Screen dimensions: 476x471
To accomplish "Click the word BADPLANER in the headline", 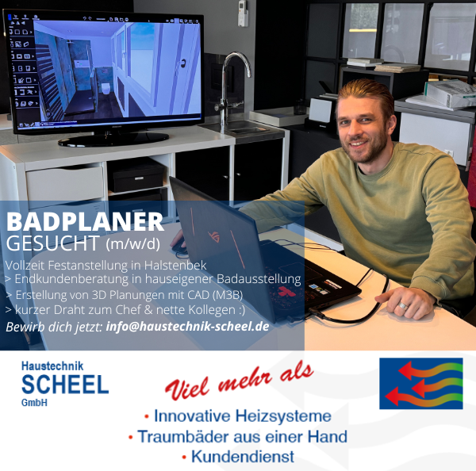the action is [85, 221].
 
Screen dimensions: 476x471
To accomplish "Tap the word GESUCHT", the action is [53, 243].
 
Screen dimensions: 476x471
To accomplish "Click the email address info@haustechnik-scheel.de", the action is [187, 327].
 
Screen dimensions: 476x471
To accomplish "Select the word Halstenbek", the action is [175, 266].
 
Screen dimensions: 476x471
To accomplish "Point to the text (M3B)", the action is [228, 295].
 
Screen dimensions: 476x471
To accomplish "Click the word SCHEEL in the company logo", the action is [65, 385].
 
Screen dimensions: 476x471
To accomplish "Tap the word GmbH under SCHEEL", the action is [34, 403].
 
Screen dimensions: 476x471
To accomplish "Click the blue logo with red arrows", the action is [421, 383].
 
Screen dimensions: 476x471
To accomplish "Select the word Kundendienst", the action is [243, 457].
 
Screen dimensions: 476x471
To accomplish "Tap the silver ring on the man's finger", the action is [403, 305].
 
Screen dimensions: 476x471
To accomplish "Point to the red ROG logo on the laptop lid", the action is [213, 236].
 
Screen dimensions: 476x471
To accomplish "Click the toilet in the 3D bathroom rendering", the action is [106, 88].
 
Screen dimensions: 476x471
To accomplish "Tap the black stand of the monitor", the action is [113, 139].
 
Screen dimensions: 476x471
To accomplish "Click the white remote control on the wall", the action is [243, 13].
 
